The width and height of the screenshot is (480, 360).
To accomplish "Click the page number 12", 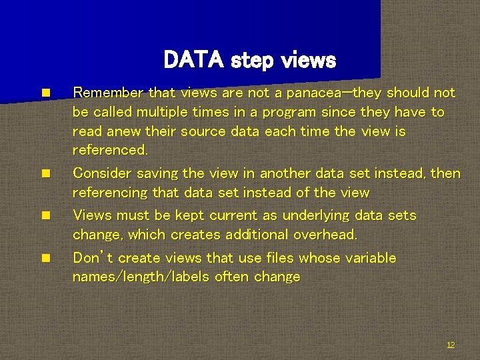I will [x=451, y=345].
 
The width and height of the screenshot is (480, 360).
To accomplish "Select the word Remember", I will [x=108, y=93].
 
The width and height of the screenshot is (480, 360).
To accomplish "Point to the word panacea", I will [x=313, y=93].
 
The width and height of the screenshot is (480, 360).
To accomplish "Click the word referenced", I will [x=110, y=151].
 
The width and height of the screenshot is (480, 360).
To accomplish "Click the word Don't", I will [x=93, y=257].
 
